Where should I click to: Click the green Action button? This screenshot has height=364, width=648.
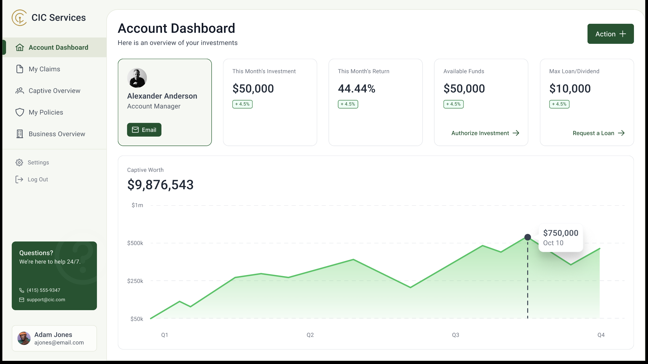coord(610,34)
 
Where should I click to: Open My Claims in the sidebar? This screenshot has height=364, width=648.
coord(44,69)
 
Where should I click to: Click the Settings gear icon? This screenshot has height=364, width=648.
coord(19,163)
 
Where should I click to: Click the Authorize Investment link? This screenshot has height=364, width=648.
coord(485,133)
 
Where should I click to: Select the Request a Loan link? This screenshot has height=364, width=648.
coord(598,133)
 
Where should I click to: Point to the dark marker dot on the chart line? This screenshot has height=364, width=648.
coord(528,237)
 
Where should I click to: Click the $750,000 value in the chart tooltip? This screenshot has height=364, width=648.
coord(561,233)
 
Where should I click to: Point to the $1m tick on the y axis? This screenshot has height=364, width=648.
coord(137,205)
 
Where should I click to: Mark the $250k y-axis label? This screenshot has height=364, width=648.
coord(135,281)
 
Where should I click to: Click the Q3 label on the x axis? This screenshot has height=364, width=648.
coord(456,335)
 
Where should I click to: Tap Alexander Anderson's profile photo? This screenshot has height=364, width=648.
coord(137,78)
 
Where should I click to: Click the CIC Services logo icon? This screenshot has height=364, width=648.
coord(19,18)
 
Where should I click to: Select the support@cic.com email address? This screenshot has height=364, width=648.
coord(46,300)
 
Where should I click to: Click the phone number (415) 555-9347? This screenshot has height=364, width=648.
coord(44,290)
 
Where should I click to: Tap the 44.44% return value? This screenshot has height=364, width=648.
coord(356,89)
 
